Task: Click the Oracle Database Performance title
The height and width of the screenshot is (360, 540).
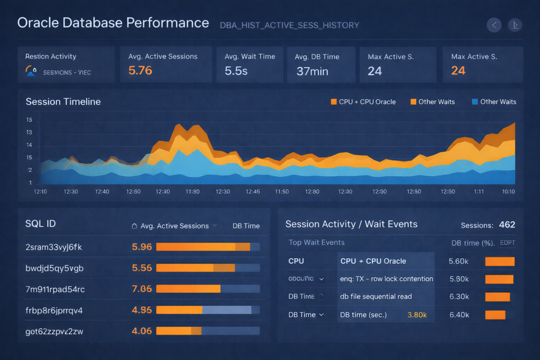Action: pyautogui.click(x=113, y=23)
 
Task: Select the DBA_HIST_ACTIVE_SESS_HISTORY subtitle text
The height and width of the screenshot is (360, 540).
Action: pyautogui.click(x=290, y=25)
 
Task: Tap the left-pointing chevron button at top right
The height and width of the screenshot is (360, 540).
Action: pyautogui.click(x=494, y=25)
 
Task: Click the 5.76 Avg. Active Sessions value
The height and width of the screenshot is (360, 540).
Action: pyautogui.click(x=140, y=71)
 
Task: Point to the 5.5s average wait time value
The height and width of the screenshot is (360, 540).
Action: pyautogui.click(x=236, y=71)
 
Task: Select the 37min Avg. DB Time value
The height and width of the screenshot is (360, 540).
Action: pyautogui.click(x=312, y=71)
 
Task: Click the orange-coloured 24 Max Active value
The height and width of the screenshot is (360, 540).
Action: pyautogui.click(x=458, y=71)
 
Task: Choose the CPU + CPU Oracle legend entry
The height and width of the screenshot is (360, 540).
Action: pyautogui.click(x=363, y=102)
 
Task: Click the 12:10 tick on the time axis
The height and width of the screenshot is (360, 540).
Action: pyautogui.click(x=41, y=191)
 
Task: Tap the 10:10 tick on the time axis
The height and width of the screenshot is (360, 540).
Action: pyautogui.click(x=508, y=191)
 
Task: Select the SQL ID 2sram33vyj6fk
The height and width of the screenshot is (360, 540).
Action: pyautogui.click(x=54, y=247)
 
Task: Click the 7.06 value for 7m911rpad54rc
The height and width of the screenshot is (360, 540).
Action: pyautogui.click(x=142, y=289)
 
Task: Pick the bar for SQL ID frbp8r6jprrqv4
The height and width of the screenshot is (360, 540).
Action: pyautogui.click(x=208, y=310)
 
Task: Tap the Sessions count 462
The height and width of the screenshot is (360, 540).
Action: pyautogui.click(x=507, y=225)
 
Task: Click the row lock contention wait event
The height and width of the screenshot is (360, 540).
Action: pyautogui.click(x=387, y=279)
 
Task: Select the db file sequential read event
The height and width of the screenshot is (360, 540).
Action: pyautogui.click(x=376, y=296)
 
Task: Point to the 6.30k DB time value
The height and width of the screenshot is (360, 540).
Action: pyautogui.click(x=459, y=296)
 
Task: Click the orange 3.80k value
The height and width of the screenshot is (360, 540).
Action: pyautogui.click(x=417, y=315)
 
